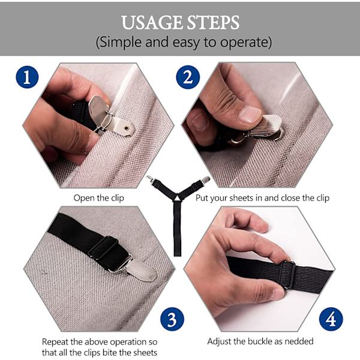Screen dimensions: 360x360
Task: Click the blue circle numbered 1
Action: tap(27, 77)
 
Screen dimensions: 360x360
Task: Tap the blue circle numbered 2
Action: tap(188, 77)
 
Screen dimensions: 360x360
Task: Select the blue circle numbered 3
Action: tap(172, 319)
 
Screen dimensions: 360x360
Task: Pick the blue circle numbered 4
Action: tap(331, 319)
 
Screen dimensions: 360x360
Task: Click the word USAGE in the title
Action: tap(152, 23)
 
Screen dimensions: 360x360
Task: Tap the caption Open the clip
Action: tap(99, 198)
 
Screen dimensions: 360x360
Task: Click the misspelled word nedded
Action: tap(299, 341)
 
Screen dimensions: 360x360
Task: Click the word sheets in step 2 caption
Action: tap(241, 198)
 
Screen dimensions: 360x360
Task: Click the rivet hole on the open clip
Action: tap(126, 128)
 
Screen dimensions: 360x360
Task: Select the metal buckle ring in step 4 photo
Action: tap(289, 274)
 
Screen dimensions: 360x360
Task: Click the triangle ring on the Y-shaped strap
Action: tap(177, 197)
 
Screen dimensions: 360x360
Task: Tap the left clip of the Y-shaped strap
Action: tap(150, 179)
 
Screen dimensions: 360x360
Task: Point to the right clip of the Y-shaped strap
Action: tap(205, 180)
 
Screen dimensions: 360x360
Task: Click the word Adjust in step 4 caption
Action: tap(219, 341)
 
